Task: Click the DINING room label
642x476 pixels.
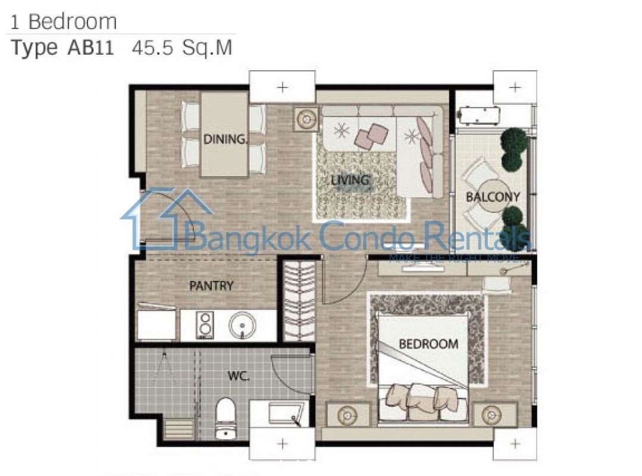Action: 226,139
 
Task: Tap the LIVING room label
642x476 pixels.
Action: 350,180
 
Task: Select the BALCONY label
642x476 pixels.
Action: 493,197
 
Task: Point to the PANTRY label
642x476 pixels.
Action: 211,286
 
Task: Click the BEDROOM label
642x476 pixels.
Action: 428,344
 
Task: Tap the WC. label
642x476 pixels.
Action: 239,376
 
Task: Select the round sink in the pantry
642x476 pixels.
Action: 242,326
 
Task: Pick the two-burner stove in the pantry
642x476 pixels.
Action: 205,325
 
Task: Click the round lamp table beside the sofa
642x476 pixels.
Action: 306,119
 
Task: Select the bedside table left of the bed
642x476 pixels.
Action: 348,415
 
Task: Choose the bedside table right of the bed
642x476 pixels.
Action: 491,415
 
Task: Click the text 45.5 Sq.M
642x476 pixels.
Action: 182,48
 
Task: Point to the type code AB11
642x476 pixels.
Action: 90,48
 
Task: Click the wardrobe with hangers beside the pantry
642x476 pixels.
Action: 299,302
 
